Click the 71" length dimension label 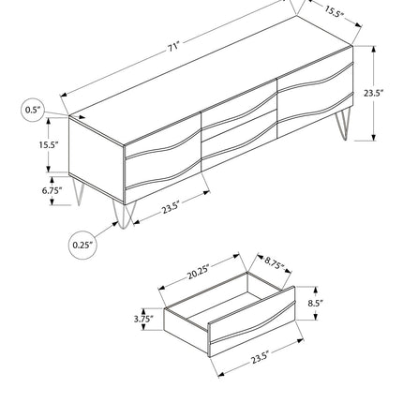coord(172,48)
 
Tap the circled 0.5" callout coord(33,110)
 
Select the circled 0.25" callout coord(82,245)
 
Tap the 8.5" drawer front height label coord(315,303)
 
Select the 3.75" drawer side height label coord(143,319)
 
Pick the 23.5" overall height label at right coord(373,93)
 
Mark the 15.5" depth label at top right coord(334,11)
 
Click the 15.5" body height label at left coord(49,144)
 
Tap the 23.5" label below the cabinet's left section coord(171,207)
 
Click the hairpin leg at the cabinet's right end coord(343,125)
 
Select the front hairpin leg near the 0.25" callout coord(125,216)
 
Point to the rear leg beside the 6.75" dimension coord(79,192)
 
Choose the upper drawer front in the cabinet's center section coord(239,110)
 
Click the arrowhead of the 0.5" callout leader coord(82,117)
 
